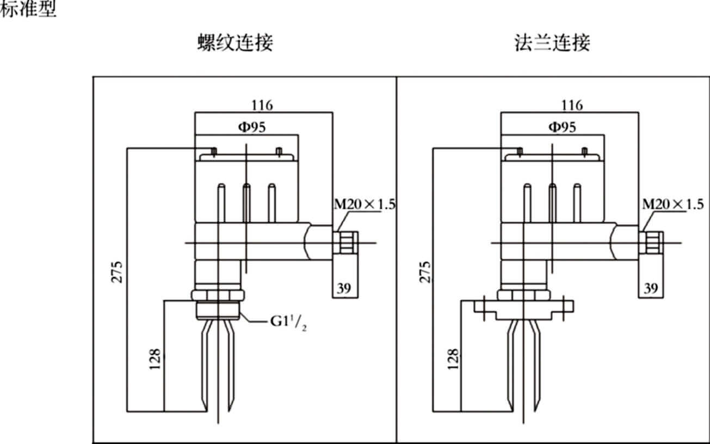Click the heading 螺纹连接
pyautogui.click(x=235, y=42)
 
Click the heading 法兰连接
pyautogui.click(x=552, y=42)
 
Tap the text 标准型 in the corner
pyautogui.click(x=28, y=9)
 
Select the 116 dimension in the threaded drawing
pyautogui.click(x=262, y=105)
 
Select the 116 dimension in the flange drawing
pyautogui.click(x=572, y=105)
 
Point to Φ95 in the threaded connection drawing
pyautogui.click(x=252, y=127)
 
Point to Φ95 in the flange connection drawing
pyautogui.click(x=563, y=127)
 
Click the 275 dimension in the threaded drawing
pyautogui.click(x=116, y=272)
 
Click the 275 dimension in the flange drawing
pyautogui.click(x=425, y=272)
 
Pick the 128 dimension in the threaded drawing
pyautogui.click(x=155, y=359)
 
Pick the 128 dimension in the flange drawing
pyautogui.click(x=453, y=359)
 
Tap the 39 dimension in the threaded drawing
pyautogui.click(x=344, y=288)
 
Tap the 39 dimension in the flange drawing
pyautogui.click(x=651, y=288)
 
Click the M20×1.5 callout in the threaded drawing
pyautogui.click(x=365, y=204)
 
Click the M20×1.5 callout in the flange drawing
pyautogui.click(x=672, y=204)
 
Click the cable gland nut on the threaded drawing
pyautogui.click(x=346, y=243)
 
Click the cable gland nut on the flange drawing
pyautogui.click(x=651, y=243)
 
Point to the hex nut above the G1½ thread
pyautogui.click(x=218, y=295)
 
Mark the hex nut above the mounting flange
pyautogui.click(x=523, y=295)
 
